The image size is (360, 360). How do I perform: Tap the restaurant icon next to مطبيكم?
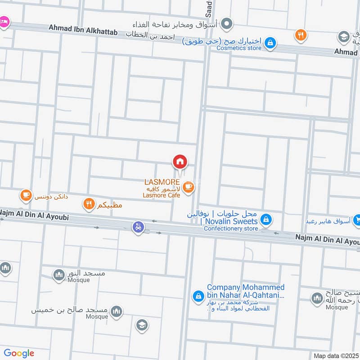(89, 205)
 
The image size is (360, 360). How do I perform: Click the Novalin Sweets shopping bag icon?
(267, 219)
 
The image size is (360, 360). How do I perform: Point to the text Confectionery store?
(231, 229)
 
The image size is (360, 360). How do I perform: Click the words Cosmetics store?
(238, 48)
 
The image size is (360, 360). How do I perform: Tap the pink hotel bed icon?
(4, 22)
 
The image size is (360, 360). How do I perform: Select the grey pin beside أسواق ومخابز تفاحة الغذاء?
(228, 23)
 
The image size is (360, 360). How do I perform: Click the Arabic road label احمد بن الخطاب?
(149, 35)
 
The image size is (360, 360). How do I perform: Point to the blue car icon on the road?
(138, 227)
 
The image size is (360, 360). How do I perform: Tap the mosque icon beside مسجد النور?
(59, 274)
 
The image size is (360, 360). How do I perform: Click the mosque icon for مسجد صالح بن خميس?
(117, 311)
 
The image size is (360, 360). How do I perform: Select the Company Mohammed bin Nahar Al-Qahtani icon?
(198, 296)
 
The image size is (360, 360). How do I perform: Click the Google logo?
(19, 353)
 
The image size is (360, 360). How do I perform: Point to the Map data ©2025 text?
(336, 356)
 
